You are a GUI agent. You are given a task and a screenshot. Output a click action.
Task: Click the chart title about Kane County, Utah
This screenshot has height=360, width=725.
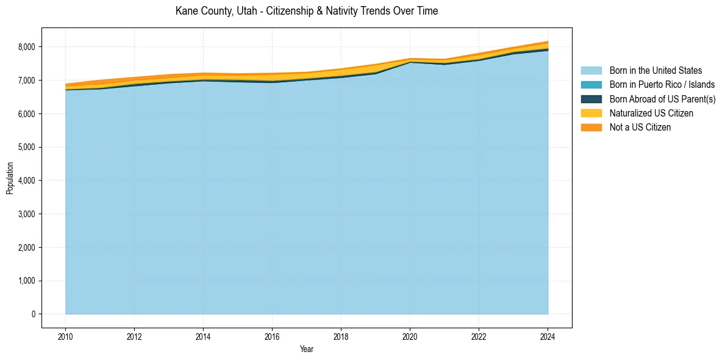click(306, 11)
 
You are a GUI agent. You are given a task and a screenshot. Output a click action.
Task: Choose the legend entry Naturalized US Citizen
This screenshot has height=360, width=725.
click(651, 113)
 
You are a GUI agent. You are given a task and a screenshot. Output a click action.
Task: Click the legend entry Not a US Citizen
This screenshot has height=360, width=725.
click(640, 127)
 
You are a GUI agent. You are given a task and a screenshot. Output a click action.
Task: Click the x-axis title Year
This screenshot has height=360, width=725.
click(307, 349)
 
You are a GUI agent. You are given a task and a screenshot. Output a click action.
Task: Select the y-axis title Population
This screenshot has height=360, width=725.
click(10, 178)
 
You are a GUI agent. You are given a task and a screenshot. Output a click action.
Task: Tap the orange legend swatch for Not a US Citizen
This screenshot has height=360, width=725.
click(591, 127)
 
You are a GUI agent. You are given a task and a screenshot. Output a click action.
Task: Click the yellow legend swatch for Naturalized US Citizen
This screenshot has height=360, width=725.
click(591, 113)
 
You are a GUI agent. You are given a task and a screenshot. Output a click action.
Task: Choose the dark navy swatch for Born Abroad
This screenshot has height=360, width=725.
click(591, 99)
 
